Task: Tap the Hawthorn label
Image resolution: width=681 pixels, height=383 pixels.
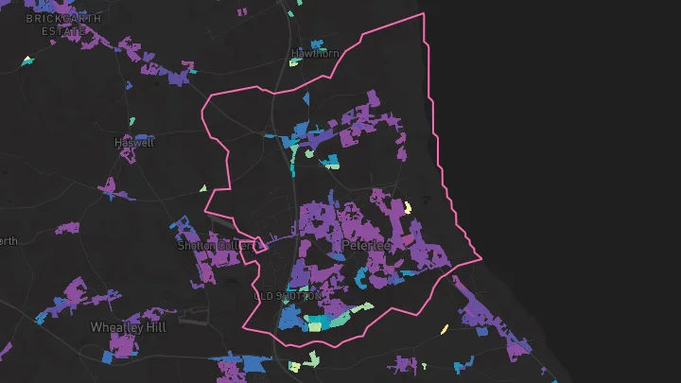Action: click(x=315, y=54)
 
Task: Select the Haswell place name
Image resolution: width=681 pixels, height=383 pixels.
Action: click(x=133, y=143)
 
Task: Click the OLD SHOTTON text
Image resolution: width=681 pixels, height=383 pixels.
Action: click(x=294, y=296)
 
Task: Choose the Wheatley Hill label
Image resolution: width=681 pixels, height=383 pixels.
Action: click(x=128, y=327)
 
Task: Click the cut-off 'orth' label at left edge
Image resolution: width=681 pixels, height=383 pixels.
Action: click(x=8, y=241)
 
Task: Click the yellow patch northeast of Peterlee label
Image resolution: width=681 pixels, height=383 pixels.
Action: click(x=408, y=207)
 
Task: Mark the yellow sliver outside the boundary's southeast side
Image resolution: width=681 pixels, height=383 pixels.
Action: click(x=444, y=330)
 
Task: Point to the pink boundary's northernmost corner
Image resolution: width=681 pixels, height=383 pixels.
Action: click(x=422, y=14)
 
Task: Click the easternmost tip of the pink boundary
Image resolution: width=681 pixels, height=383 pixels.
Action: click(x=481, y=257)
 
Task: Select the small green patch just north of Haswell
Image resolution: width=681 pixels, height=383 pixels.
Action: click(x=131, y=122)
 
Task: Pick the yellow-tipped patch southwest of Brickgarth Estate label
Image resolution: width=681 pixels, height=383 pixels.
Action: click(x=26, y=61)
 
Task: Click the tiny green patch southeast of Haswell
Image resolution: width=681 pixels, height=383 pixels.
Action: click(x=202, y=188)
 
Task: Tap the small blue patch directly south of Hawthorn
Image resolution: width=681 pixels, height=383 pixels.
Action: click(x=306, y=96)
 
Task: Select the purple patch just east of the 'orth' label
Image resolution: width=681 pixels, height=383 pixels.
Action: click(x=67, y=228)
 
